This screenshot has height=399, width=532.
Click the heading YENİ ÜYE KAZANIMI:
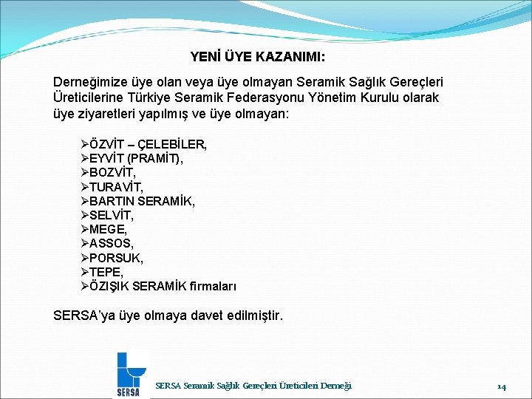coord(257,56)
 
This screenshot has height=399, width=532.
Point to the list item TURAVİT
coord(116,187)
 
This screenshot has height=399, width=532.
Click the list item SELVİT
coord(112,215)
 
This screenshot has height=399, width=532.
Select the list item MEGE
coord(106,229)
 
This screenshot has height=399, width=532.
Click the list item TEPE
coord(106,272)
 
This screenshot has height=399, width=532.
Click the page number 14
coord(501,386)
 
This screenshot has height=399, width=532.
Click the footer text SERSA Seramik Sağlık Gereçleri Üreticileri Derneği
coord(253,385)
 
